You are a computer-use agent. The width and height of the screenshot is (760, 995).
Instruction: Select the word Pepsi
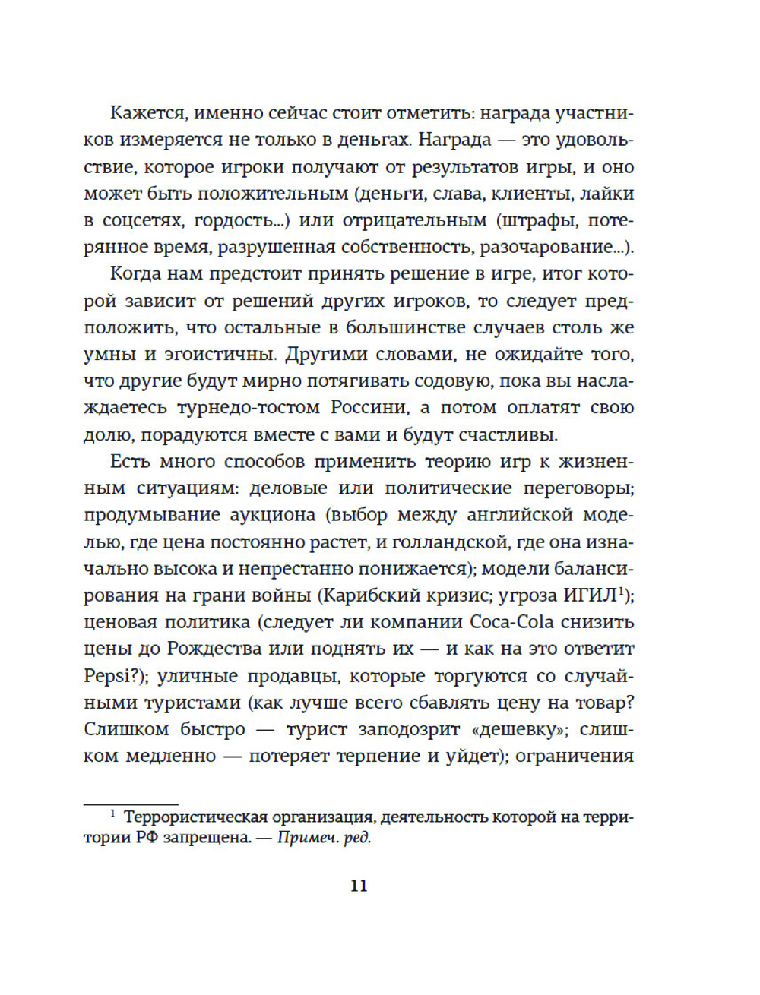112,676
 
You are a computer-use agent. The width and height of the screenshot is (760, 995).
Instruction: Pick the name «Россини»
368,408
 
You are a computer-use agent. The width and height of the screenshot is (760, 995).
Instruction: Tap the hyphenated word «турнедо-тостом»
249,408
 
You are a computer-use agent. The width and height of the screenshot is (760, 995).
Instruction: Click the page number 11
359,886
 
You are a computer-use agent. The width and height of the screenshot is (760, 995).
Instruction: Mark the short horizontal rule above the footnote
131,804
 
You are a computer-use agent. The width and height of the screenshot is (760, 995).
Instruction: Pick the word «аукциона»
273,515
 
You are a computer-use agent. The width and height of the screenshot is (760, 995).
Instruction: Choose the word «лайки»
606,194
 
